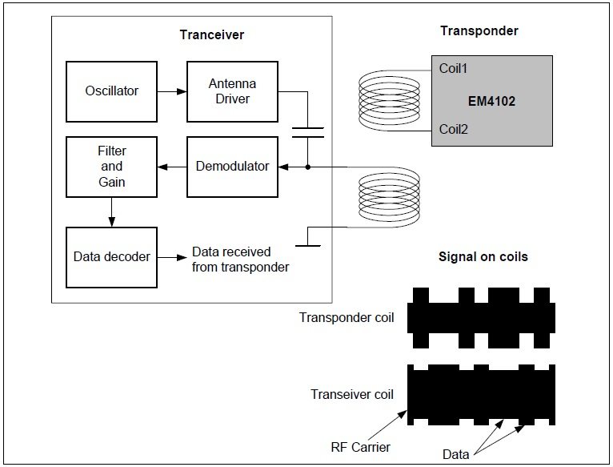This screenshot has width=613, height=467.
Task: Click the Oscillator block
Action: click(x=112, y=91)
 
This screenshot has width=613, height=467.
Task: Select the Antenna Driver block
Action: click(x=229, y=91)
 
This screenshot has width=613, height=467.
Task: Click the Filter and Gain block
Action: click(x=112, y=167)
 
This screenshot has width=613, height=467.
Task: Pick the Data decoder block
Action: click(x=112, y=257)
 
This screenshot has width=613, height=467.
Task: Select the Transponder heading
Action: click(x=479, y=31)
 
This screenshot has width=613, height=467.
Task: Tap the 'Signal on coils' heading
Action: click(x=483, y=257)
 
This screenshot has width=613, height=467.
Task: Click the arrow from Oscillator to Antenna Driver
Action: click(x=172, y=91)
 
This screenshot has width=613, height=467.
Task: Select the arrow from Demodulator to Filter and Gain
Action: click(x=172, y=167)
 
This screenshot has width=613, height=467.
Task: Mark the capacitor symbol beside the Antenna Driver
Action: click(x=307, y=132)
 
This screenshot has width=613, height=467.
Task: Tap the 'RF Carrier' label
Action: click(x=360, y=447)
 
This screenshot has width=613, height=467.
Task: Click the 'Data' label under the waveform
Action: click(x=456, y=454)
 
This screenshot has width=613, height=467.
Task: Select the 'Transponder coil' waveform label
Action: click(x=347, y=317)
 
